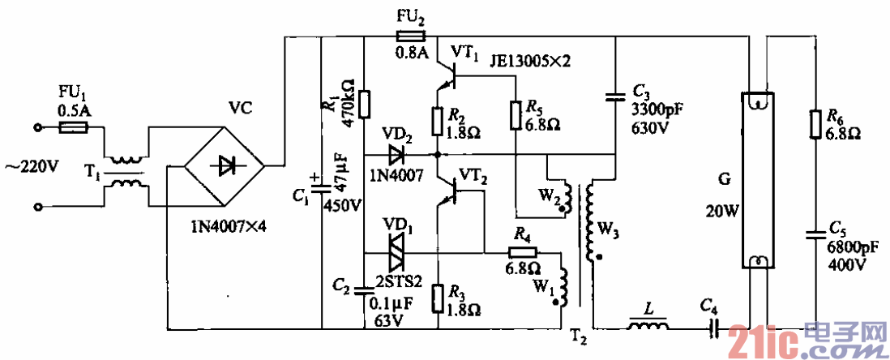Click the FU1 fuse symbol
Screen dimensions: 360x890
point(74,128)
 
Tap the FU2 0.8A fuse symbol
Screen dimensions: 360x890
point(410,36)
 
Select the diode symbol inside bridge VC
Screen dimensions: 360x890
point(225,165)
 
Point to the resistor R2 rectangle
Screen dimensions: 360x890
point(438,121)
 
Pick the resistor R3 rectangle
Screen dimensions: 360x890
point(438,299)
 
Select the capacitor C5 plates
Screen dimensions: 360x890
point(815,236)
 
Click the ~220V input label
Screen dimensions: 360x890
point(32,167)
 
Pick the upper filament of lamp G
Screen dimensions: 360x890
point(755,102)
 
